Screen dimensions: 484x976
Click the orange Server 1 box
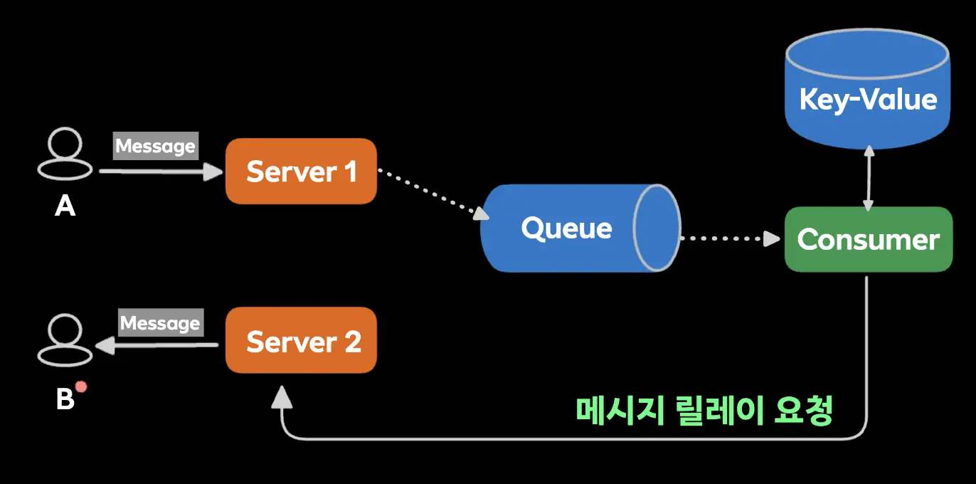click(301, 172)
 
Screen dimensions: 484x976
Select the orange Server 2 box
click(301, 341)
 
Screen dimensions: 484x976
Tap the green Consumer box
click(868, 239)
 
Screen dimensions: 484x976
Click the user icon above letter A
click(65, 153)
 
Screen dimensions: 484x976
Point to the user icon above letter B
click(65, 341)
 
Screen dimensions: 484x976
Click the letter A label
click(65, 206)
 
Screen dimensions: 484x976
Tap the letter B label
click(65, 399)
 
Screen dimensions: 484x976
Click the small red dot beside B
click(81, 386)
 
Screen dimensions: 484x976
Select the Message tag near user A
click(155, 146)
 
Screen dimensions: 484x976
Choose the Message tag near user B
click(160, 323)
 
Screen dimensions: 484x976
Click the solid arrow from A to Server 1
click(160, 172)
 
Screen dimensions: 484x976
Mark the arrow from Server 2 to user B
click(157, 346)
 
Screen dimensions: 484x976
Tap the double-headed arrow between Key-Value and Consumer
click(868, 179)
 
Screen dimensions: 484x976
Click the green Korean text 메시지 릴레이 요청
click(703, 411)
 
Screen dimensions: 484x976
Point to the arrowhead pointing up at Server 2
click(282, 398)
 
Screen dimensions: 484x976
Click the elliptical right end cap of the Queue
click(657, 228)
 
